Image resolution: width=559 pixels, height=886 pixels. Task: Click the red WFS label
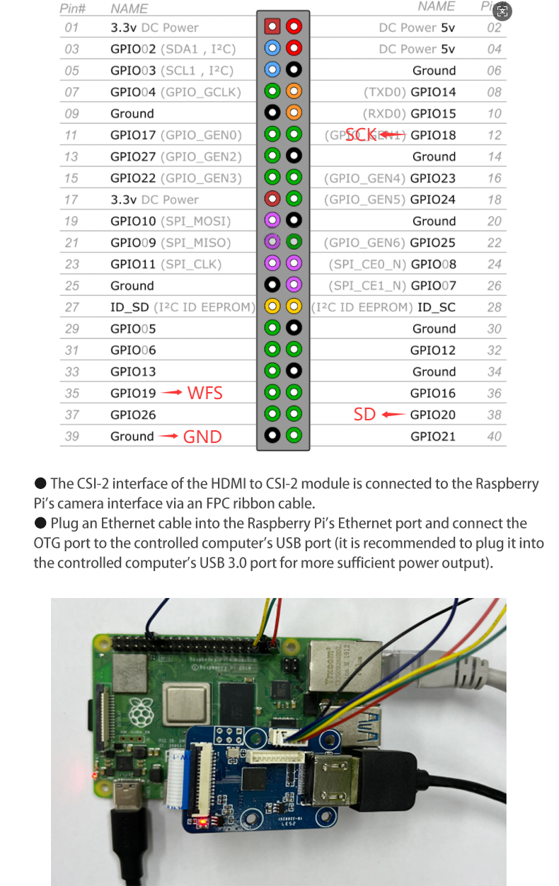click(204, 393)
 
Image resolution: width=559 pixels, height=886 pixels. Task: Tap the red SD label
click(364, 415)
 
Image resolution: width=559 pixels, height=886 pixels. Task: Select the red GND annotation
click(202, 437)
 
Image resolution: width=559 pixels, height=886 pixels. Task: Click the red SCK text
click(361, 134)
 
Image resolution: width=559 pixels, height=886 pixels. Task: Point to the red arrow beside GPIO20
click(393, 415)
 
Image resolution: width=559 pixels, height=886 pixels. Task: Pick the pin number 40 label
click(494, 436)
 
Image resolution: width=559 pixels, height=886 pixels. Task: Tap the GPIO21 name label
click(433, 436)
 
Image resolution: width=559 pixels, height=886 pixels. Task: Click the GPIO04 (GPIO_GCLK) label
click(175, 92)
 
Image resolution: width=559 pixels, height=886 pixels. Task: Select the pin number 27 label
click(71, 307)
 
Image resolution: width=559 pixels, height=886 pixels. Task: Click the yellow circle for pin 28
click(294, 307)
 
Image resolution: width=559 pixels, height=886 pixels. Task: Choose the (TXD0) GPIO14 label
click(410, 92)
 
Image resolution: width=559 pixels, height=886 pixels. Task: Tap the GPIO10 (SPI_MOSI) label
click(171, 221)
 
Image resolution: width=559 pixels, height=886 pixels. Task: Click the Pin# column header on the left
click(74, 8)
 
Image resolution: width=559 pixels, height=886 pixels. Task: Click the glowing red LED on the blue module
click(203, 822)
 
